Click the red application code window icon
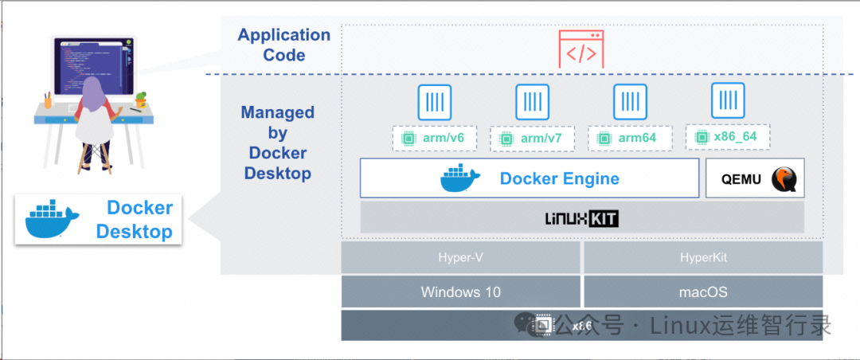pos(581,49)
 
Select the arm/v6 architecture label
pos(435,138)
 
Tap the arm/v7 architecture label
pos(532,139)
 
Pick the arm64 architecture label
pos(630,139)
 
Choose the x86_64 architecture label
pos(728,137)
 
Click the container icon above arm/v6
pos(435,102)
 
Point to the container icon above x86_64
pos(728,100)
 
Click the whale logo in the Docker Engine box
pos(459,178)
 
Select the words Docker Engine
pos(560,178)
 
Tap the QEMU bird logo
pos(785,179)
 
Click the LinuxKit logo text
pos(582,219)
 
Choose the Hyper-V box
pos(460,257)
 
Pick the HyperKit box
pos(703,257)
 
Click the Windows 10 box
pos(460,292)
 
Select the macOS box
pos(703,292)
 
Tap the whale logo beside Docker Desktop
pos(52,220)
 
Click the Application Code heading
pos(284,45)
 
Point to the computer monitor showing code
pos(93,68)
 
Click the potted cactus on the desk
pos(142,100)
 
